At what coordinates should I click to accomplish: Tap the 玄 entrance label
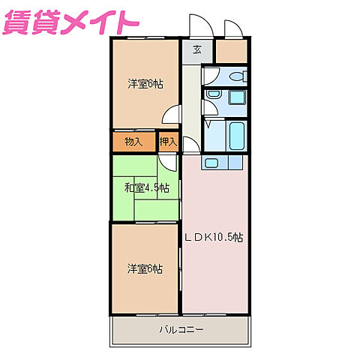coord(196,50)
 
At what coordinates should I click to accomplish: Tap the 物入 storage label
coord(133,141)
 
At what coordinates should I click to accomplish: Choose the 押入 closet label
coord(168,141)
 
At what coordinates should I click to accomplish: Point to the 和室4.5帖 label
coord(146,187)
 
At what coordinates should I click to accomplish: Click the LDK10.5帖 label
coord(214,237)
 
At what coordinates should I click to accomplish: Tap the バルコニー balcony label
coord(180,329)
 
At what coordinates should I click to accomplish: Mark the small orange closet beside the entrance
coord(231,51)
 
